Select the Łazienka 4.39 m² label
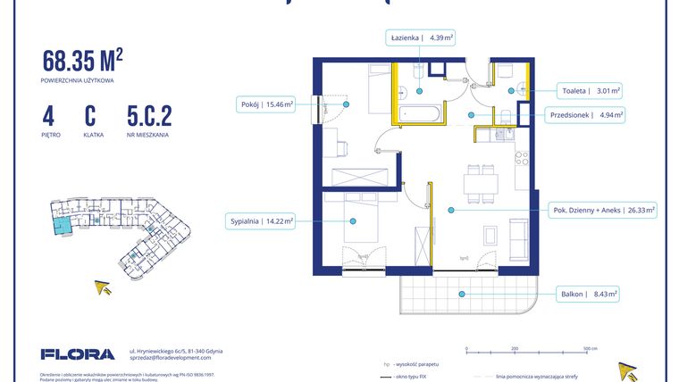tap(421, 37)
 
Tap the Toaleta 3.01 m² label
tap(591, 90)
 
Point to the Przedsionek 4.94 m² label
tap(585, 114)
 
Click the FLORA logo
tap(78, 354)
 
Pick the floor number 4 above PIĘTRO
tap(46, 116)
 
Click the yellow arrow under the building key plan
tap(104, 287)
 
